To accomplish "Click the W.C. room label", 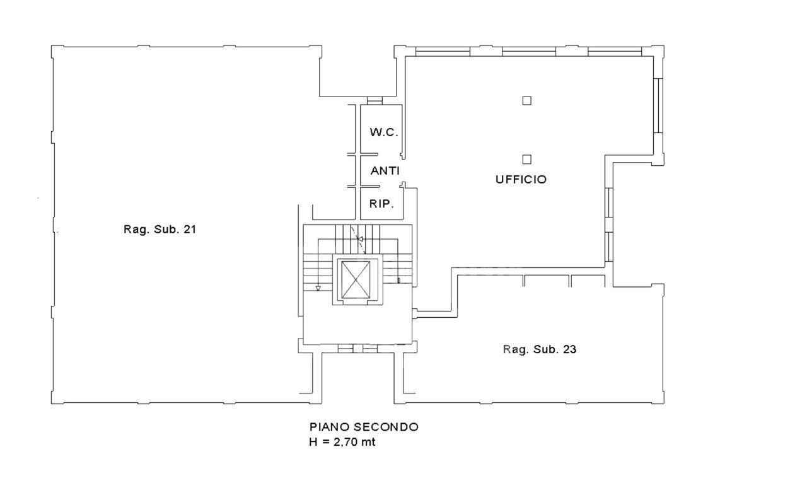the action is (384, 132).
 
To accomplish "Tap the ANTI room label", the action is (385, 170).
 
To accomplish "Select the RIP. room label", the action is (381, 204).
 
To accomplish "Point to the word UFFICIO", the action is (521, 180).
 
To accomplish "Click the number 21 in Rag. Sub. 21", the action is (190, 229).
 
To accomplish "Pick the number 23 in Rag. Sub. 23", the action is (569, 349).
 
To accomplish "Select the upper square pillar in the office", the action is (526, 100).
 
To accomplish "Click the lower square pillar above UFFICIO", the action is (526, 160).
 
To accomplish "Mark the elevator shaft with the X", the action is (356, 280).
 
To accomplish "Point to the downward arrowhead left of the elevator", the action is (318, 288).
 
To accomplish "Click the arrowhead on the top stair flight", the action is (359, 239).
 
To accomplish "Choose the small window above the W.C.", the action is (374, 100).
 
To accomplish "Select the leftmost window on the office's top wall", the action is (443, 52).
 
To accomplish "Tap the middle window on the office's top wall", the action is (529, 52).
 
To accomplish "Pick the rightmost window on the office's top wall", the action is (615, 52).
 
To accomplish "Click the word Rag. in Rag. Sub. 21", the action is (134, 230).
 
